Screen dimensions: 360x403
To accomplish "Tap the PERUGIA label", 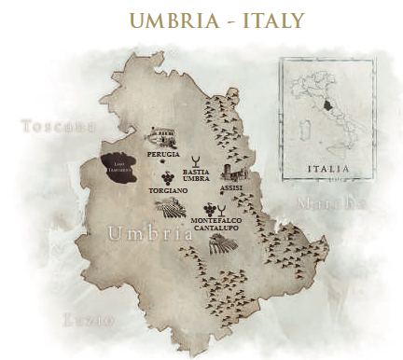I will (x=163, y=151).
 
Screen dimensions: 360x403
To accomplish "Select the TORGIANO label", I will (x=169, y=189).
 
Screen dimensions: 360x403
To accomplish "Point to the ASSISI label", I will (x=232, y=188).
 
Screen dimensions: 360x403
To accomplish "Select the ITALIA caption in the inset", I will (x=328, y=170).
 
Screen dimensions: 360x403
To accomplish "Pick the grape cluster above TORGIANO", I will (x=167, y=175).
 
